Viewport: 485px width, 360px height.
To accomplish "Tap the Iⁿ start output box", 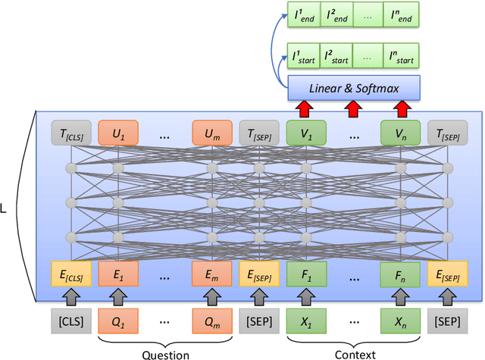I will (401, 56).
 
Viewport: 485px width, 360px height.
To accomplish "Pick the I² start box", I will (337, 56).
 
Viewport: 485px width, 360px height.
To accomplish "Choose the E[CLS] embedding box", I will (70, 273).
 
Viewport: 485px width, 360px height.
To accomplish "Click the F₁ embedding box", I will (305, 273).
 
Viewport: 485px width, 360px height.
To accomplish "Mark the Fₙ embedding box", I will (399, 273).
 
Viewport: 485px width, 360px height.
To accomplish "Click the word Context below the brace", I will (352, 353).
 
